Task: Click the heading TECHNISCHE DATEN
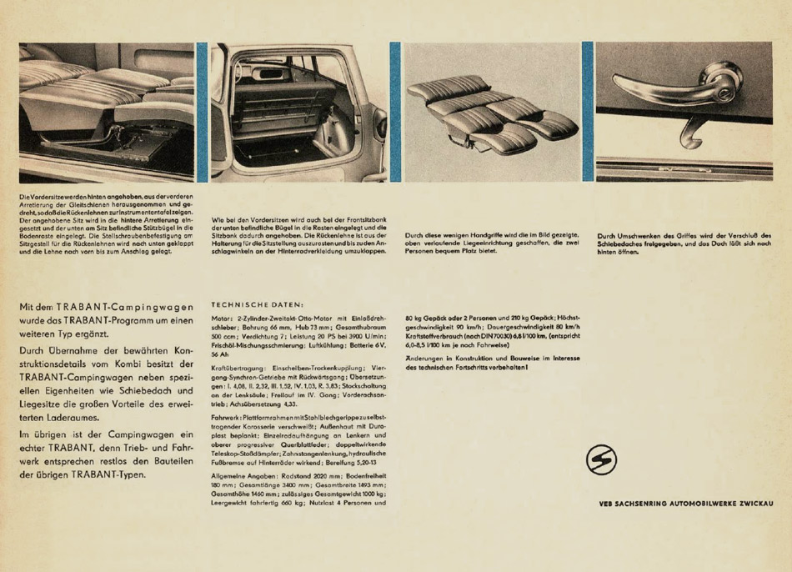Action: (258, 304)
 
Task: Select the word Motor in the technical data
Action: (223, 319)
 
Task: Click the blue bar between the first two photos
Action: (202, 112)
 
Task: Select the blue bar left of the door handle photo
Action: (588, 112)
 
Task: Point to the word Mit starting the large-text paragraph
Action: (29, 307)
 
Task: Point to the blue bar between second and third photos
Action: (395, 112)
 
